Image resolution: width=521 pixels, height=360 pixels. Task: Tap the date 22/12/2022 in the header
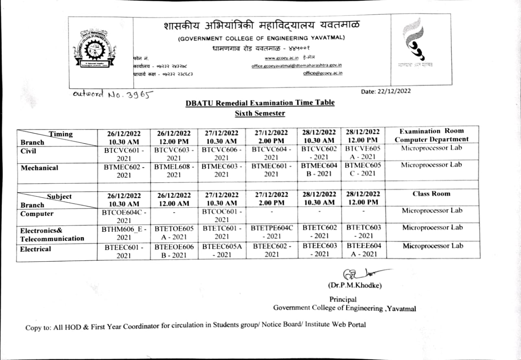(x=386, y=91)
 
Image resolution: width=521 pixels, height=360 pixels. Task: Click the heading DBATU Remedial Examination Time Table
(x=260, y=103)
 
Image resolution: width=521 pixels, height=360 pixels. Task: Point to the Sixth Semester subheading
(x=260, y=113)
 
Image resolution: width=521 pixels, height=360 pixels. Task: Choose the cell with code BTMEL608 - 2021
(x=174, y=170)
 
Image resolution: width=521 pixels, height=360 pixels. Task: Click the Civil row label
(x=28, y=151)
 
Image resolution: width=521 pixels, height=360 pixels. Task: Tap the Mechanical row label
(x=39, y=168)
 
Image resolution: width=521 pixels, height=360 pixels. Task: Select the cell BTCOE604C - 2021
(x=123, y=216)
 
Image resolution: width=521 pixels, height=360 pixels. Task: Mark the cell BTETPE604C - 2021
(x=271, y=232)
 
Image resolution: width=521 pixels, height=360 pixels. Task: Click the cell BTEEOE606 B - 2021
(x=174, y=250)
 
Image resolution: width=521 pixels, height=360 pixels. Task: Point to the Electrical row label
(x=35, y=249)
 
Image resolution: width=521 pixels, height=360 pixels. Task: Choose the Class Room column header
(x=431, y=194)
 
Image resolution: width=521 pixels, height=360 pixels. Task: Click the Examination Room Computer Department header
(x=431, y=135)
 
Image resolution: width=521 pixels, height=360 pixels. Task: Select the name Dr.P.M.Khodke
(x=355, y=286)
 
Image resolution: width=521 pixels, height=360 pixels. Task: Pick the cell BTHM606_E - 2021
(x=123, y=233)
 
